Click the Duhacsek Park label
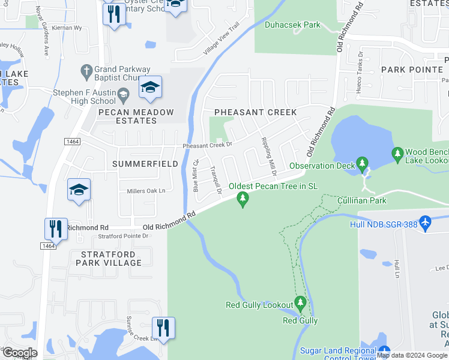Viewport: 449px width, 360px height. [x=292, y=25]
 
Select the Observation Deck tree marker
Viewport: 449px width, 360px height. [x=361, y=163]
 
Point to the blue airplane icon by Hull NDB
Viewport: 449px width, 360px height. [x=426, y=222]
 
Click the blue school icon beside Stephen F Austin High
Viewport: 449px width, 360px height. [x=150, y=88]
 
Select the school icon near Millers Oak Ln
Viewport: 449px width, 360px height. [x=79, y=190]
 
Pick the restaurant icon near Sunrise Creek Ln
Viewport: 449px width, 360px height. [x=163, y=328]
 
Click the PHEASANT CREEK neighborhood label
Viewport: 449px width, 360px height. [x=256, y=113]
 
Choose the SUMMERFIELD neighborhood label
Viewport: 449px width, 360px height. [x=145, y=164]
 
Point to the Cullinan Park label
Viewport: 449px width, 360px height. [x=361, y=200]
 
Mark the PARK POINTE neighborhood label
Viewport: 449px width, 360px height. [x=411, y=70]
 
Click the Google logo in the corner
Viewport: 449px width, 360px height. [x=20, y=353]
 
